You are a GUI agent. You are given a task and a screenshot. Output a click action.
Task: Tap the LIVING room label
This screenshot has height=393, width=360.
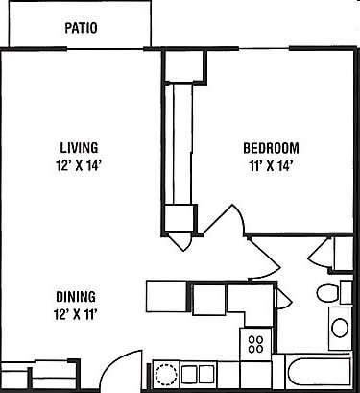point(80,148)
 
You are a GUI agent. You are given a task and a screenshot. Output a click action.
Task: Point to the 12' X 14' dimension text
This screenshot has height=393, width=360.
point(80,164)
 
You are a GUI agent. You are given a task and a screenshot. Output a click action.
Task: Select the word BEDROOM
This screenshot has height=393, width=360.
point(271,148)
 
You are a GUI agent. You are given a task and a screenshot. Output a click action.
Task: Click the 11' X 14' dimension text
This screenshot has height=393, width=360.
point(271,164)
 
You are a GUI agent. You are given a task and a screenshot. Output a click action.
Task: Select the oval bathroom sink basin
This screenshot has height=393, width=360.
point(341,328)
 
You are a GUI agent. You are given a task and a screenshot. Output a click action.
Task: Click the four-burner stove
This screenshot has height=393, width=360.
point(256,343)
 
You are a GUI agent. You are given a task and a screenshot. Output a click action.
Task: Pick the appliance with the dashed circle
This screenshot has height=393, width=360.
point(166,373)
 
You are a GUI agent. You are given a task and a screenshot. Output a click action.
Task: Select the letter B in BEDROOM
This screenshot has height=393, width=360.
point(247,148)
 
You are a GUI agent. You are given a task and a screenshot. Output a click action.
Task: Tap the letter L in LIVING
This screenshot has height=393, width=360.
point(63,148)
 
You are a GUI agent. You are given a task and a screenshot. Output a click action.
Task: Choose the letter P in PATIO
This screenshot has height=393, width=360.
point(67,27)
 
